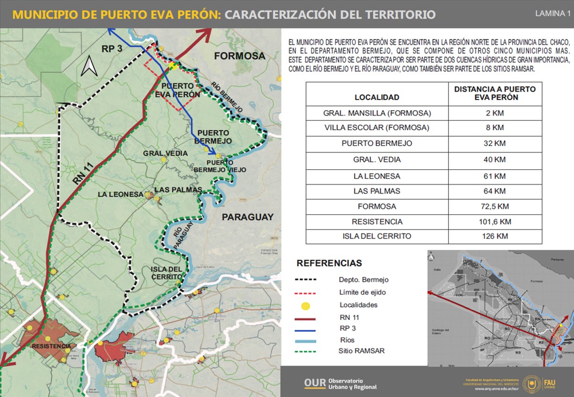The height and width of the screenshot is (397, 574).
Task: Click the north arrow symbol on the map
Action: pos(89,66)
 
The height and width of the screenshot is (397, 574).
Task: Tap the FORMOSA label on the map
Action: pos(240,56)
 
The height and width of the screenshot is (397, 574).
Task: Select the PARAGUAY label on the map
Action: pos(247,217)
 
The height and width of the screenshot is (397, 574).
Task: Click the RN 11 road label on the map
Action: pos(82,173)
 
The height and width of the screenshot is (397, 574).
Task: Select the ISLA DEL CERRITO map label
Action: pos(166,273)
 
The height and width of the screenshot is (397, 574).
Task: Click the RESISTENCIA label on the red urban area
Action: pos(52,346)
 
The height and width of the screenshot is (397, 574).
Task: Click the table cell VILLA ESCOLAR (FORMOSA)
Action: pos(377,128)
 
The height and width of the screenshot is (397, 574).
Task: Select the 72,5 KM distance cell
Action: pos(495,206)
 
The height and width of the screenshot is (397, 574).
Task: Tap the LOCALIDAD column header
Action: pos(377,97)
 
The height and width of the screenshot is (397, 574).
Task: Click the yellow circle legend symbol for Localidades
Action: pos(305,306)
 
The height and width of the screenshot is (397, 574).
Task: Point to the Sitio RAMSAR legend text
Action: pos(361,351)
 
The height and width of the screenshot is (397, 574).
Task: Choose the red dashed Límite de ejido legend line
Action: pos(305,293)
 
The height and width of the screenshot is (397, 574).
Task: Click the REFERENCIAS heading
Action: pos(329,263)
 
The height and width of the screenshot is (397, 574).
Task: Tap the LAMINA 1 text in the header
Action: pos(552,14)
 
